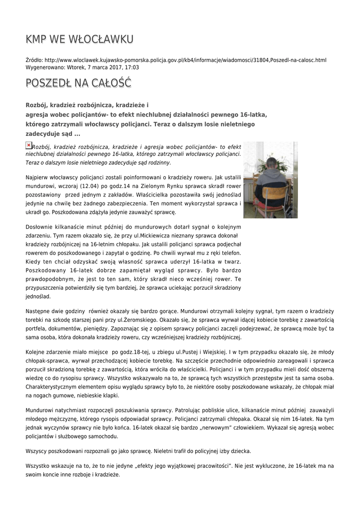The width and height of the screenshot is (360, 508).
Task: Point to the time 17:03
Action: pos(132,67)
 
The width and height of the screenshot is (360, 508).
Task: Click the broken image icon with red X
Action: pos(28,145)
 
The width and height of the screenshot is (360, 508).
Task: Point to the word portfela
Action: pos(36,329)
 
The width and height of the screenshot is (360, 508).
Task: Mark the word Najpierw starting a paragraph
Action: pos(38,177)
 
